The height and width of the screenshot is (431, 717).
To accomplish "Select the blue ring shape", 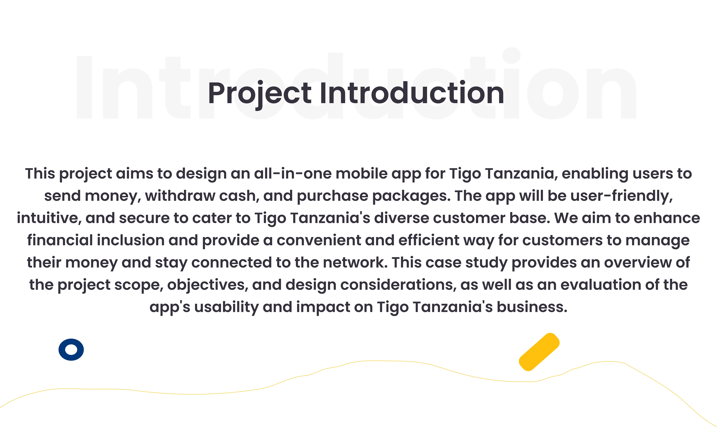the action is pyautogui.click(x=71, y=350).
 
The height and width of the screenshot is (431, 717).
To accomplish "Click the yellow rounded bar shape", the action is pyautogui.click(x=539, y=352).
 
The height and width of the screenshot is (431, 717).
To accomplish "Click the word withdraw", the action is pyautogui.click(x=180, y=196).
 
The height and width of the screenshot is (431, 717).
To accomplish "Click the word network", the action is pyautogui.click(x=355, y=262).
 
